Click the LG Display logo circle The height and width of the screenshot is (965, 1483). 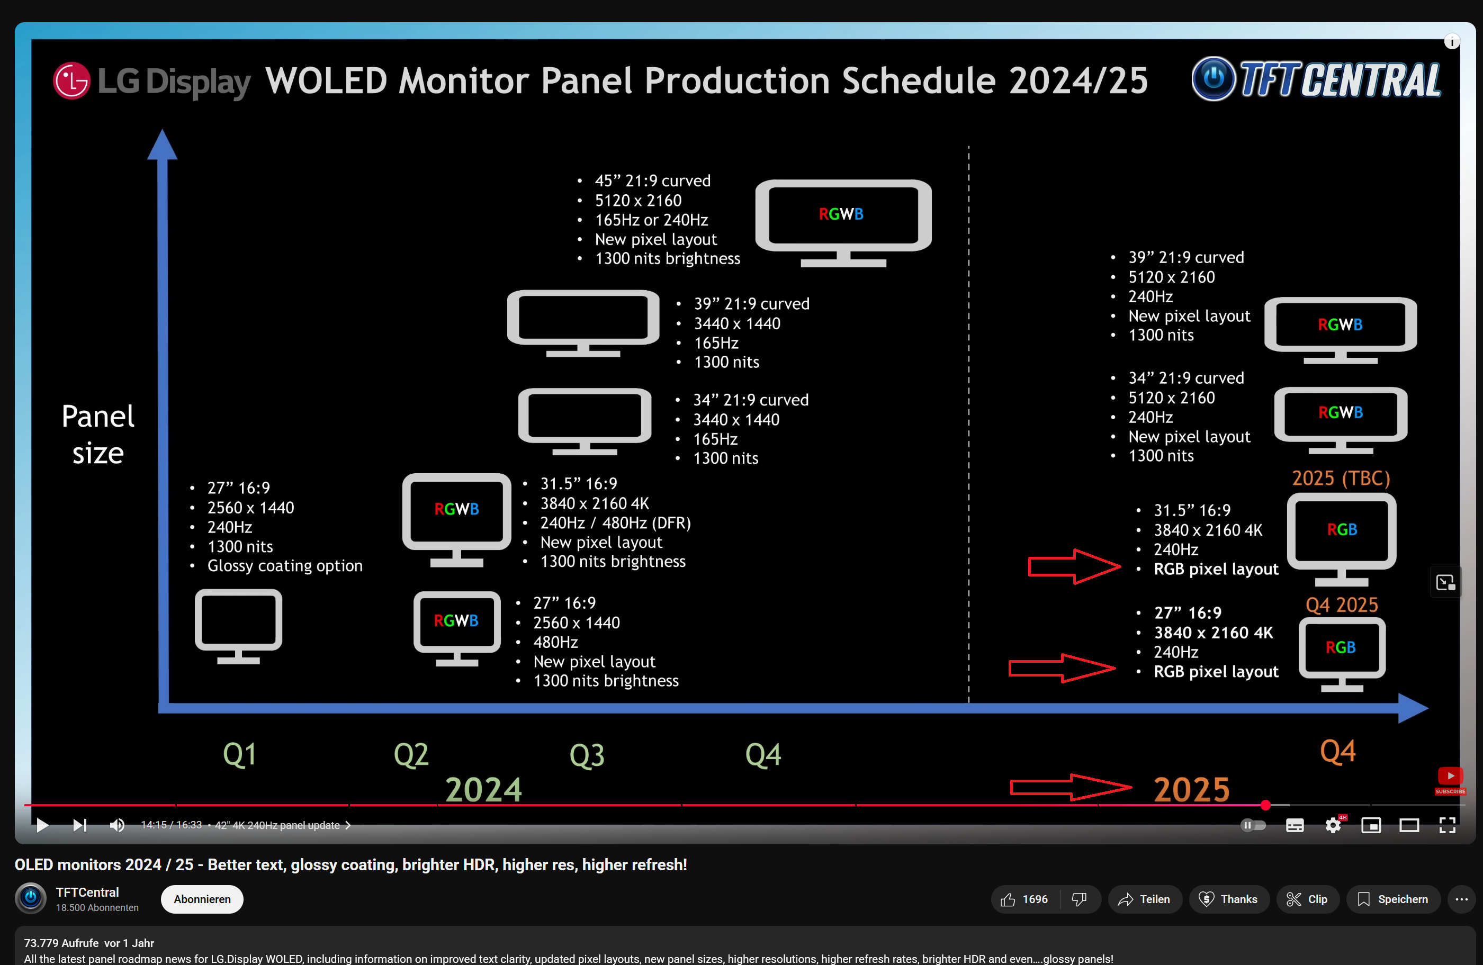(71, 81)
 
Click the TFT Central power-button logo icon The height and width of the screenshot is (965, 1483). (1212, 78)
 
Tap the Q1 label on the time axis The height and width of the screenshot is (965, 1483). (240, 754)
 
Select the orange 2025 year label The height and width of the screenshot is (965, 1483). (1191, 789)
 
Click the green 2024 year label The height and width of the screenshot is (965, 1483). (483, 789)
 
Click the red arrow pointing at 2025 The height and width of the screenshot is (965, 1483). (1070, 788)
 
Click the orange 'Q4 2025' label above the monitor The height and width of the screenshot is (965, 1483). (1342, 605)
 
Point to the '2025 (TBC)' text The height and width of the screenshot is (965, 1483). (1340, 478)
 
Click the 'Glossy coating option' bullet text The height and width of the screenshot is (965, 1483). (285, 566)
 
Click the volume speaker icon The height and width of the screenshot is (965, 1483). (116, 825)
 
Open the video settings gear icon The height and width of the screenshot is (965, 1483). (1333, 825)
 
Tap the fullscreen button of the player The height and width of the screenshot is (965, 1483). (1447, 825)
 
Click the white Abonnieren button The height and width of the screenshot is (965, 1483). (202, 899)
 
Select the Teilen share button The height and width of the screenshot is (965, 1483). (1144, 899)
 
